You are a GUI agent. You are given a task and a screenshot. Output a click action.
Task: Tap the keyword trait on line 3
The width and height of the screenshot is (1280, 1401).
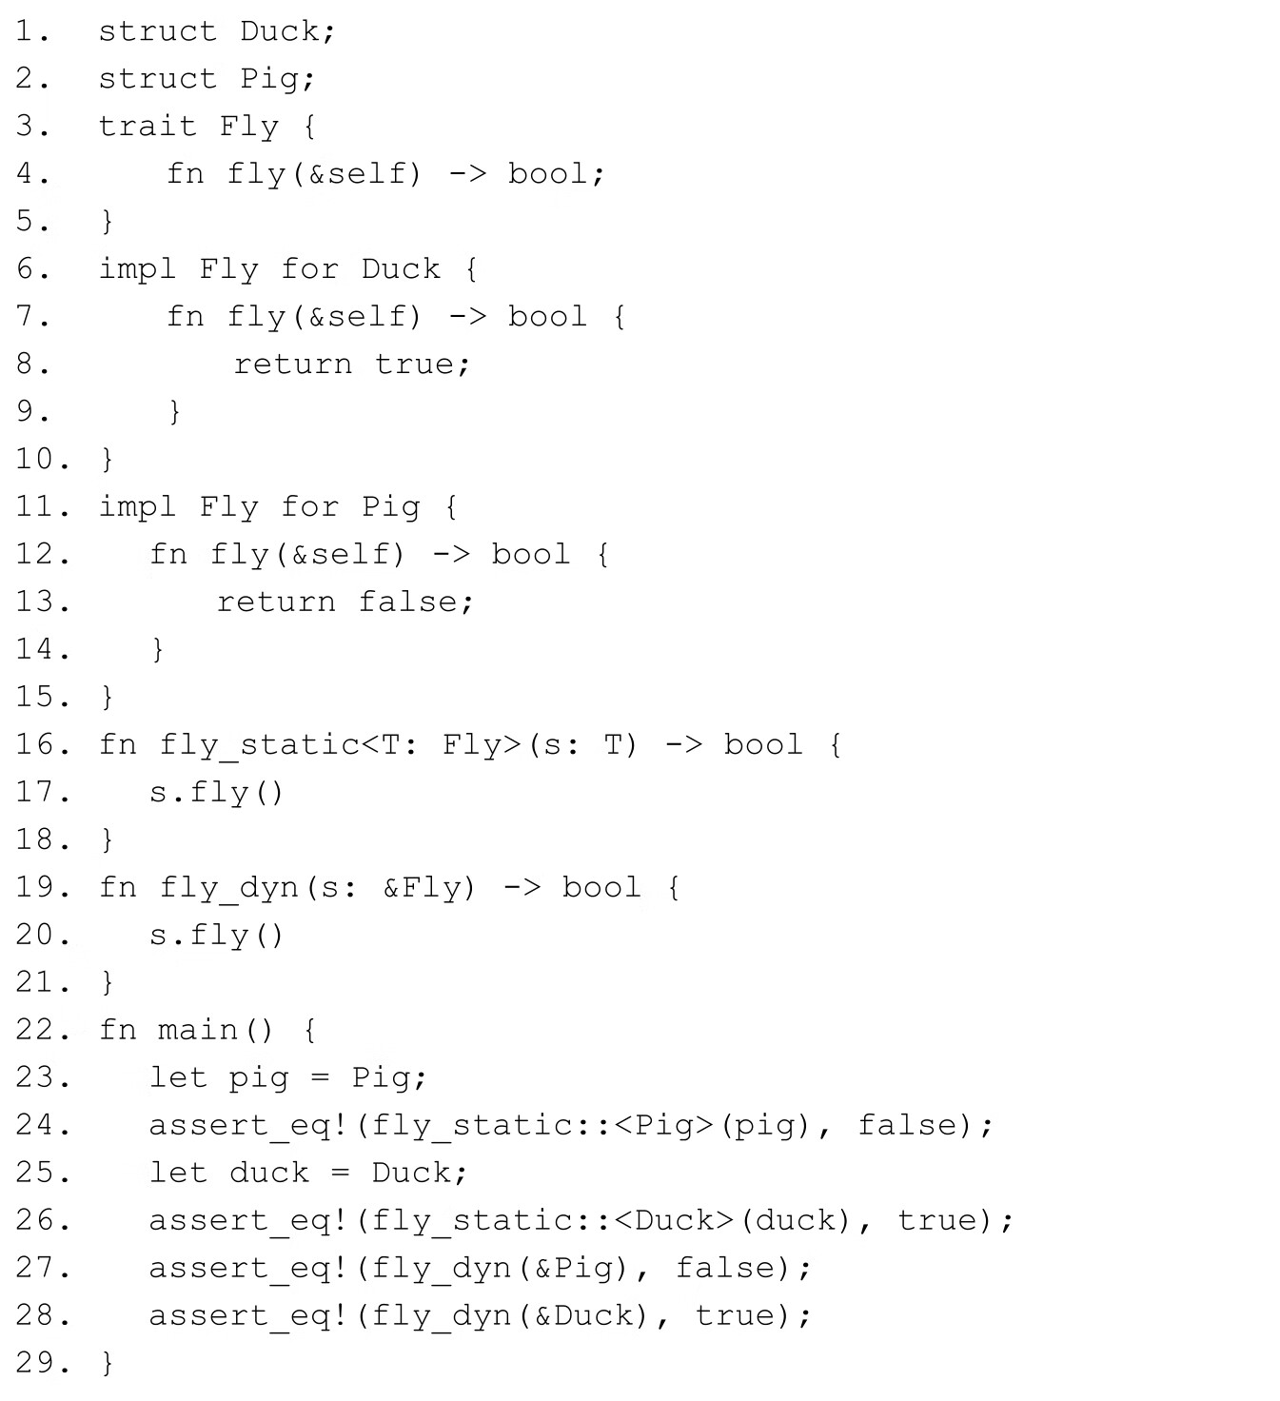tap(147, 127)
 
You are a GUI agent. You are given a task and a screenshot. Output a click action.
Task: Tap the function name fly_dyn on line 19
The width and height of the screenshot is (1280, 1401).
tap(228, 888)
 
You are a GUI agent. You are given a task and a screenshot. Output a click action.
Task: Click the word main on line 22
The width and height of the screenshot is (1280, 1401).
tap(197, 1031)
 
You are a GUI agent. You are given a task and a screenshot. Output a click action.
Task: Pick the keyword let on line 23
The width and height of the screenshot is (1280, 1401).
tap(178, 1078)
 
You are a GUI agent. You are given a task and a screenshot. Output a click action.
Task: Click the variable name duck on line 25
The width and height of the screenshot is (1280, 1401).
tap(269, 1174)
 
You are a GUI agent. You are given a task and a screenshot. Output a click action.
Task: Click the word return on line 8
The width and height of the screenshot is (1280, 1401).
tap(293, 365)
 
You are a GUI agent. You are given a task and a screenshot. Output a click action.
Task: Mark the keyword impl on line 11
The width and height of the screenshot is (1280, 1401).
tap(137, 507)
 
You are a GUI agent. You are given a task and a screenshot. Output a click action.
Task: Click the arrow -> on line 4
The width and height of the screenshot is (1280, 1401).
tap(466, 174)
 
